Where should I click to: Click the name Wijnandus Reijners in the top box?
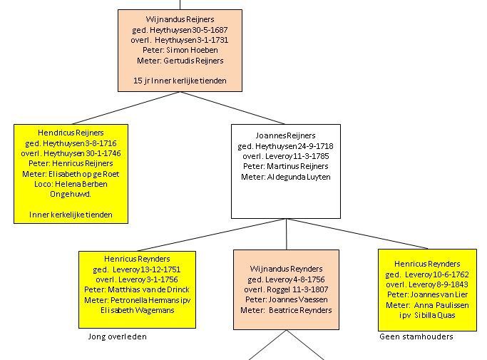(180, 19)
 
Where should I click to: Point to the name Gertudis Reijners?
(193, 61)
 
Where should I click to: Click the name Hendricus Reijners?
(71, 133)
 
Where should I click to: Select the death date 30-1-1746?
(103, 153)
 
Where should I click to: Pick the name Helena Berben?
(81, 184)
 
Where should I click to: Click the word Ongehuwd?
(71, 194)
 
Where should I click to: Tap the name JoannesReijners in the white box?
(285, 135)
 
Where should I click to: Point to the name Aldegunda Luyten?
(299, 177)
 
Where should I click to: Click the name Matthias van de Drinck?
(148, 289)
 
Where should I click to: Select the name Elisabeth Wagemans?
(138, 310)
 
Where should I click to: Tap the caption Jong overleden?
(118, 336)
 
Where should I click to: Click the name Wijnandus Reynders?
(286, 269)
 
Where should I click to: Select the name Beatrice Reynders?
(300, 310)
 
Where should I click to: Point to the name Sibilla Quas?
(434, 315)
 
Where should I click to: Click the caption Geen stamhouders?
(416, 336)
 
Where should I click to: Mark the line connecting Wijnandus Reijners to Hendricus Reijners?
(126, 108)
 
